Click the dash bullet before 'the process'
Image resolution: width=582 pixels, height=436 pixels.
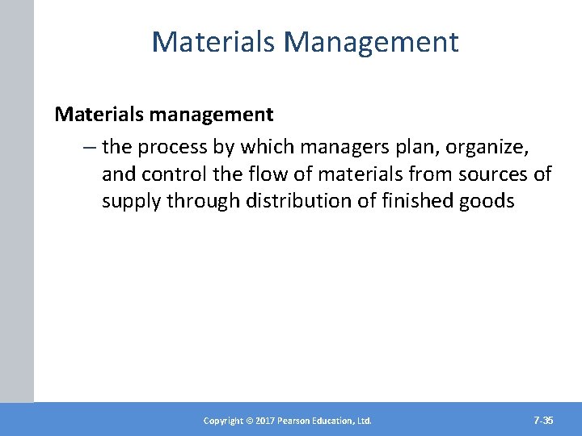pos(88,148)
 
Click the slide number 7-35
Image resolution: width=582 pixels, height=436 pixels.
pos(544,420)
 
